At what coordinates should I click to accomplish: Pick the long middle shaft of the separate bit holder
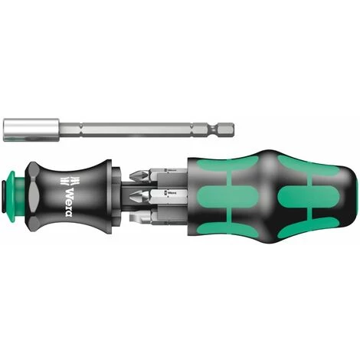(x=115, y=123)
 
